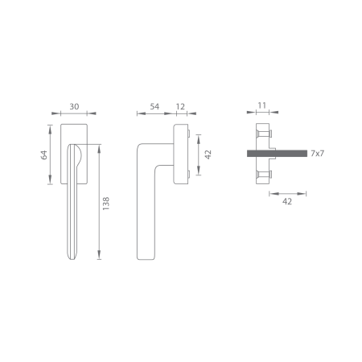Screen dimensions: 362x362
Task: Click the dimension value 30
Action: (74, 107)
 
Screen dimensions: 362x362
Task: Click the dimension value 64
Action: (44, 154)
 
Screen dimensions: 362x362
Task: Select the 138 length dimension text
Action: (106, 204)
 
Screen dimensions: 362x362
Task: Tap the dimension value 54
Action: (154, 107)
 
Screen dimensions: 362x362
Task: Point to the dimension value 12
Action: (180, 107)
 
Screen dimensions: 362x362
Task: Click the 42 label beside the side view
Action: (208, 154)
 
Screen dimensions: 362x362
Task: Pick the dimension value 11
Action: (262, 105)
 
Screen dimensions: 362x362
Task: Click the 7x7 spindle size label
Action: (318, 154)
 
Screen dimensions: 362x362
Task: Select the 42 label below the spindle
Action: (287, 201)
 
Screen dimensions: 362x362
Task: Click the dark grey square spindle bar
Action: (277, 154)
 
